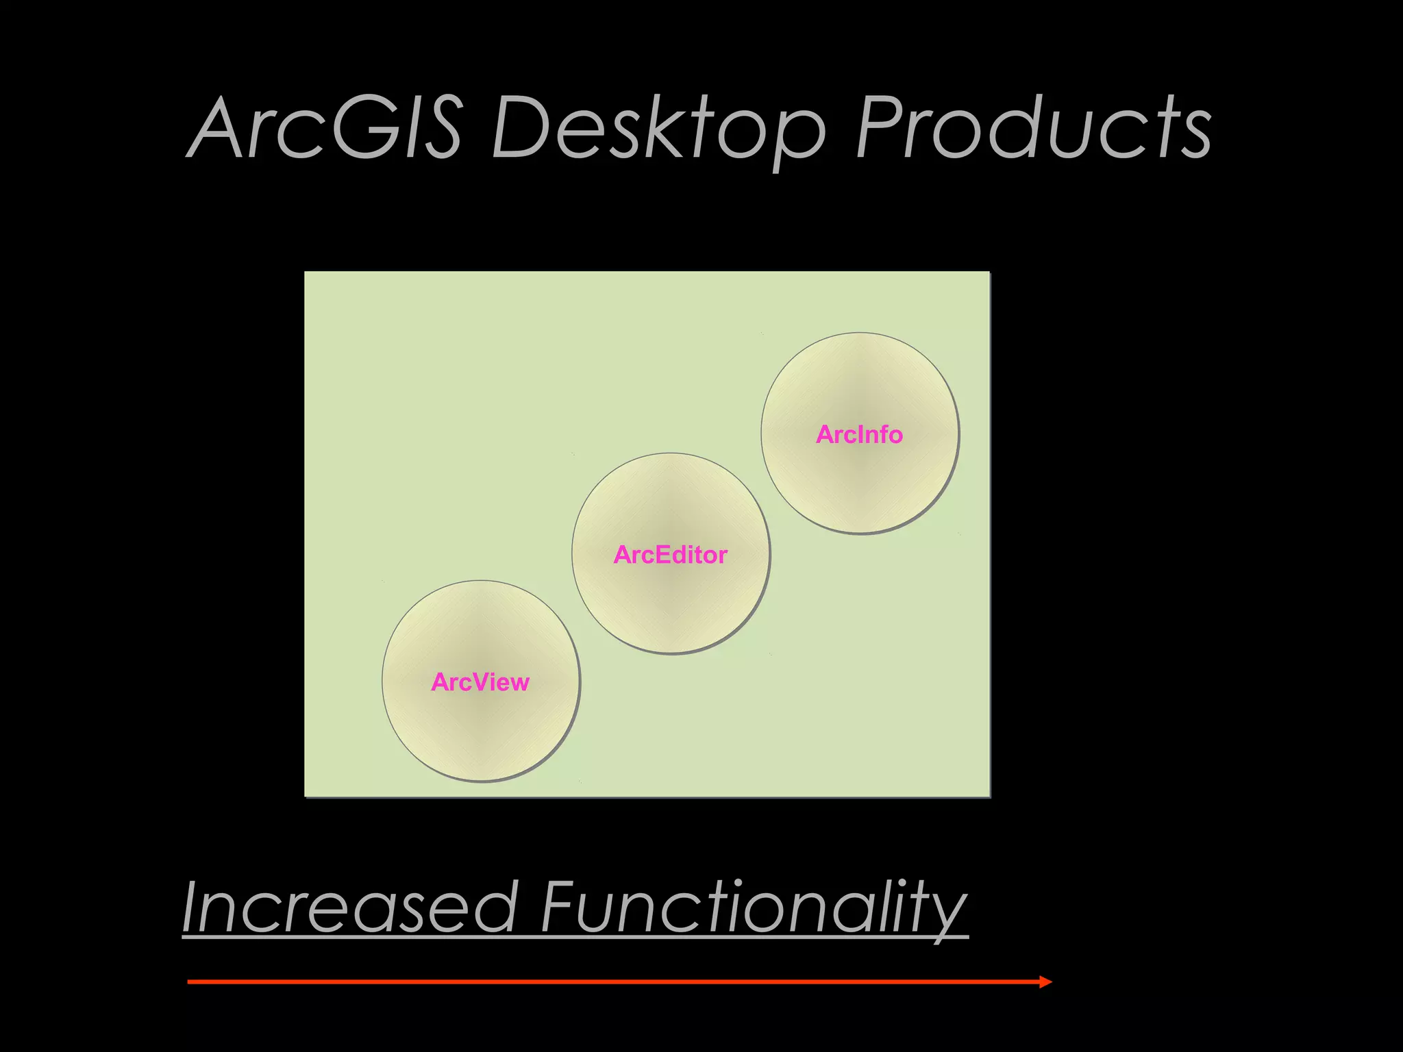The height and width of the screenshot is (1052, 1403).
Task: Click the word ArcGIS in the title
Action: coord(325,129)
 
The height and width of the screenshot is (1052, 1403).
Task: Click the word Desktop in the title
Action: coord(658,129)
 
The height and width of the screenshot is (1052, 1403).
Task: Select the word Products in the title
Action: coord(1033,129)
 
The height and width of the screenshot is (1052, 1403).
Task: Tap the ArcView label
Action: coord(480,682)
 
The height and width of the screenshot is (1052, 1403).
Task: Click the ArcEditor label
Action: coord(670,555)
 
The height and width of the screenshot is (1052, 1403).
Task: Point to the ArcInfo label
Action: coord(859,434)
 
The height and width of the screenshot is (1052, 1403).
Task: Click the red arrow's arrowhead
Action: coord(1045,982)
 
